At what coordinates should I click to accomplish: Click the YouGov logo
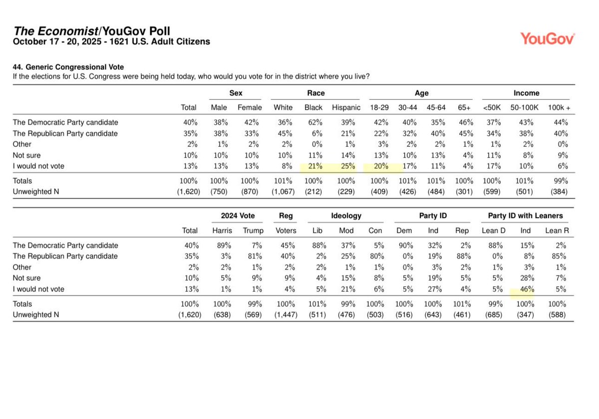pos(547,38)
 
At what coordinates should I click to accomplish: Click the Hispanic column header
pos(346,107)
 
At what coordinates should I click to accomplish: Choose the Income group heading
pos(526,93)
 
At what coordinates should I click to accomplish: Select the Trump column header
pos(253,230)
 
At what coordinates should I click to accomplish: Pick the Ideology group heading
pos(346,216)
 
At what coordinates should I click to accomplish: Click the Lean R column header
pos(556,230)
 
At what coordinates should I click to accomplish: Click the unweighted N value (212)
pos(313,192)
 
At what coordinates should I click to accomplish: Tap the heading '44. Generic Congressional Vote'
pos(68,67)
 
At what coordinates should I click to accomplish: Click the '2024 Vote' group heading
pos(238,216)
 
